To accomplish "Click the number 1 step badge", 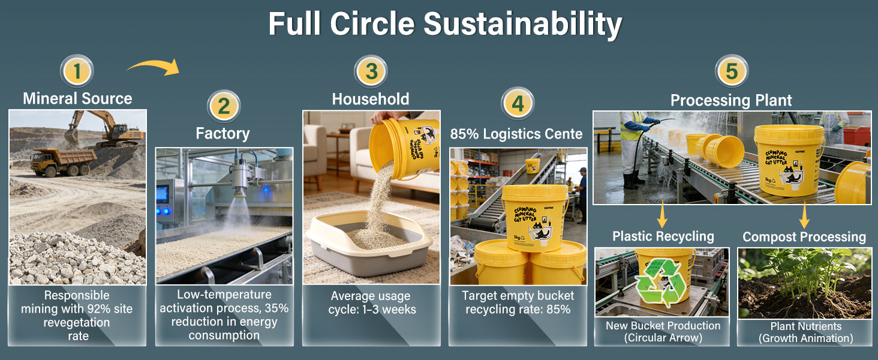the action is click(x=77, y=71).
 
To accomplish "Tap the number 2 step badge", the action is click(x=224, y=106).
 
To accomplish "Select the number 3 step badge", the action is click(x=371, y=71).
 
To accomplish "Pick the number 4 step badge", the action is click(x=518, y=104).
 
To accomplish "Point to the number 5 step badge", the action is click(x=732, y=71).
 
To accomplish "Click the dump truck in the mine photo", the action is click(x=63, y=161).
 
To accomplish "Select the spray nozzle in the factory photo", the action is click(x=240, y=178).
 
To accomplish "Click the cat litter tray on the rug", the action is click(x=368, y=243).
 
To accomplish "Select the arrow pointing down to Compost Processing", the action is click(x=804, y=215).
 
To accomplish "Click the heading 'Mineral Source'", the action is click(x=77, y=98).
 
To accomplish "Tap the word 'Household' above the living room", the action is click(x=371, y=99).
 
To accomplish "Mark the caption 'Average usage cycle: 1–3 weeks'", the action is click(x=372, y=302).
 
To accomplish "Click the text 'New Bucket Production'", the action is click(x=663, y=325).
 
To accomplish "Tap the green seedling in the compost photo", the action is click(x=804, y=275).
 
